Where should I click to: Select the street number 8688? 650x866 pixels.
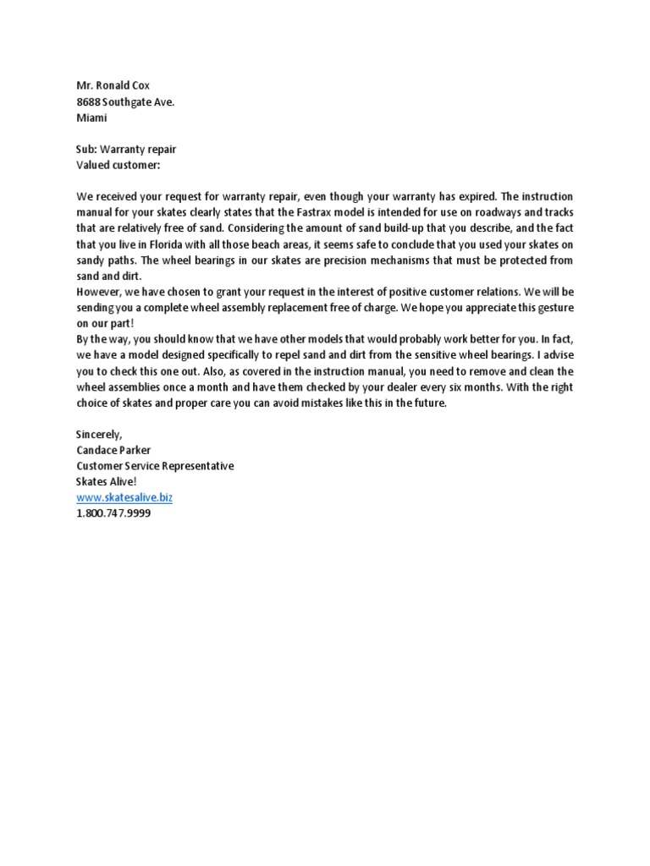(90, 101)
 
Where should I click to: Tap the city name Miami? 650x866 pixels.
(91, 118)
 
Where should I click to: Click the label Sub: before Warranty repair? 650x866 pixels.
(87, 150)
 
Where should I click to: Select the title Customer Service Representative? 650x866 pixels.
(155, 466)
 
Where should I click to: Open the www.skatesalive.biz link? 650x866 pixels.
(124, 498)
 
